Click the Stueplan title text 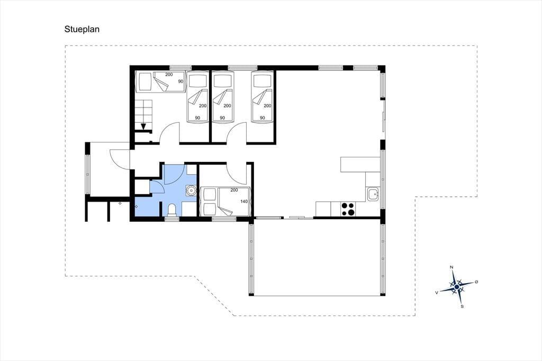[x=82, y=30]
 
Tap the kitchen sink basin [x=373, y=194]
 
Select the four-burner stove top [x=348, y=209]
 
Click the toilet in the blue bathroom [x=172, y=210]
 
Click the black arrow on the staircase [x=143, y=127]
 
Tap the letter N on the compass [x=451, y=267]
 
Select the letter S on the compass [x=462, y=306]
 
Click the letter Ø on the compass [x=477, y=282]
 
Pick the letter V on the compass [x=437, y=293]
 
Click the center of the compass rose [x=457, y=287]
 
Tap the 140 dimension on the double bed [x=244, y=201]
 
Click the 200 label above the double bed [x=234, y=190]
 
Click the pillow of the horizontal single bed [x=144, y=82]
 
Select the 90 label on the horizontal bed [x=181, y=82]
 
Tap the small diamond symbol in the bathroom [x=136, y=206]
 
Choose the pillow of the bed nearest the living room [x=262, y=80]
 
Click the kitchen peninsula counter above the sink [x=360, y=165]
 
